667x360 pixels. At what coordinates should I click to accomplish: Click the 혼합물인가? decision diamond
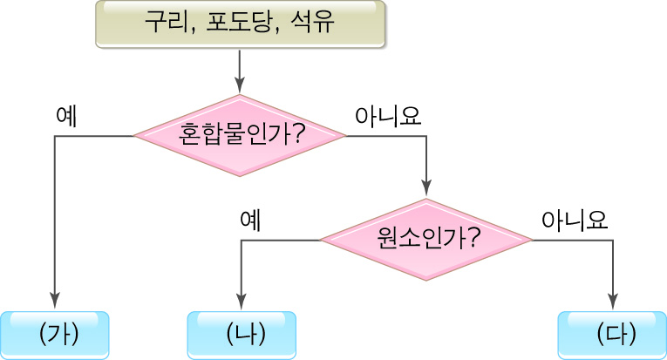point(239,136)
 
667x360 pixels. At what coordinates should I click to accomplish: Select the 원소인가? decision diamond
point(426,240)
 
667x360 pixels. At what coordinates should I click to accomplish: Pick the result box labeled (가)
point(54,335)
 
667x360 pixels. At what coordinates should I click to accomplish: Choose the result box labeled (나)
point(242,335)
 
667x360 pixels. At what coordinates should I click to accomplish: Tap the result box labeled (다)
point(612,335)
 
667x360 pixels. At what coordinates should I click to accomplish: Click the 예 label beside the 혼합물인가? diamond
point(66,117)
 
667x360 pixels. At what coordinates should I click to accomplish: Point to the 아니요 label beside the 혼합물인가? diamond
point(389,117)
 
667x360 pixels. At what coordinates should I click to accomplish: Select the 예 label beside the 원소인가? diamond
point(251,220)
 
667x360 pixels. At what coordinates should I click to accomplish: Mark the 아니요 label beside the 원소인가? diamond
point(575,220)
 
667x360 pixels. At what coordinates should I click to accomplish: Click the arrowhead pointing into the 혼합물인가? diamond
point(239,87)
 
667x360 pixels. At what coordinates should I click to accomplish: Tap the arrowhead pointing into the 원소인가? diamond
point(426,191)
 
